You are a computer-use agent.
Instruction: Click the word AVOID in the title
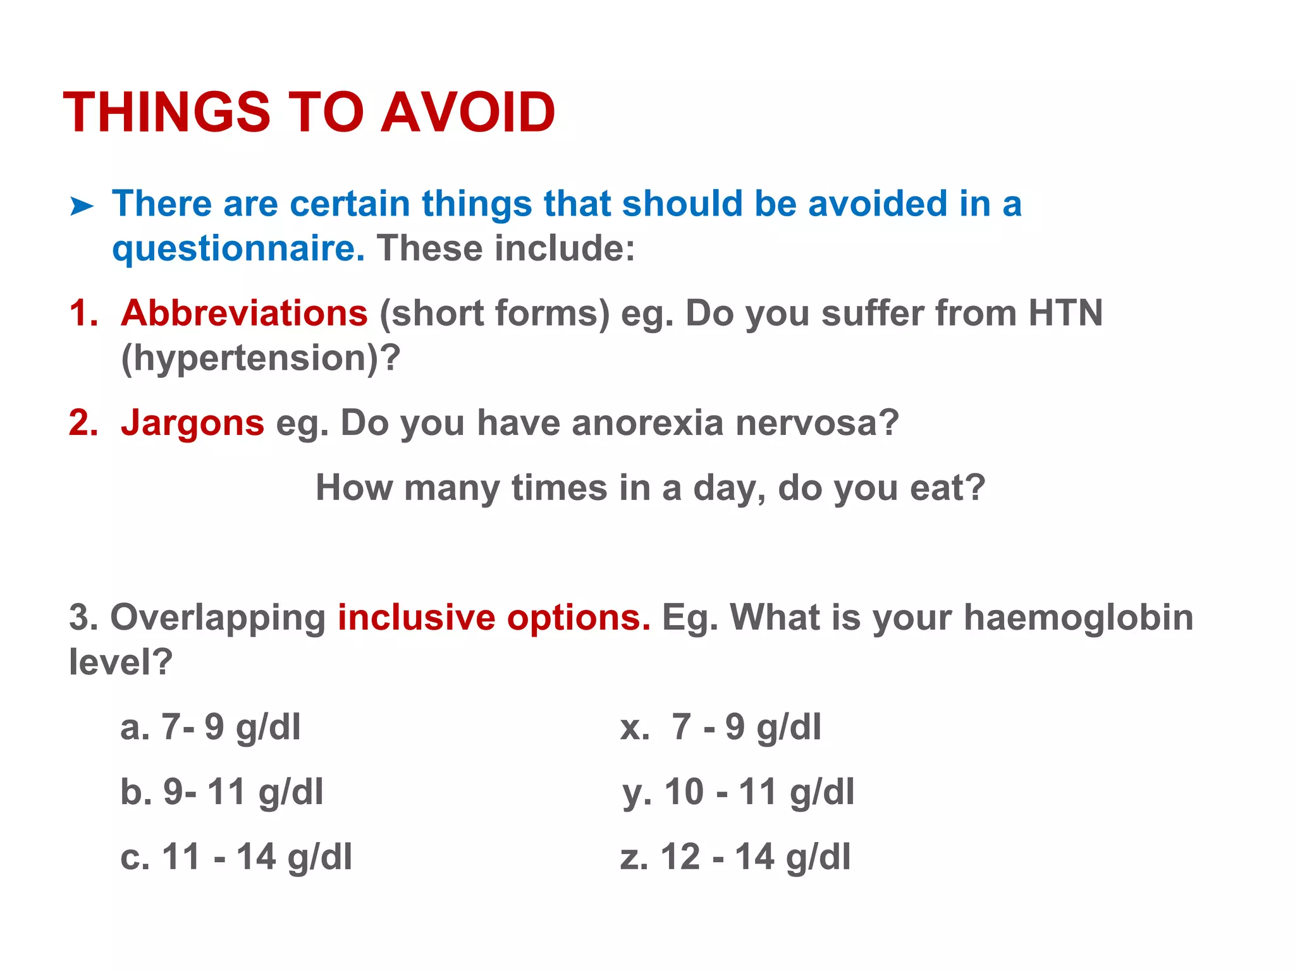coord(468,113)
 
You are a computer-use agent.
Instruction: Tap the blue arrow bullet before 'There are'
coord(82,206)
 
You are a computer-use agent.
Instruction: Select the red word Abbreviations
coord(244,313)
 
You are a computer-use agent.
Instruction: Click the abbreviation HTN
coord(1065,313)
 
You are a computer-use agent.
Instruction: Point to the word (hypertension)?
coord(261,358)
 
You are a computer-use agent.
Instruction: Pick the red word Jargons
coord(192,422)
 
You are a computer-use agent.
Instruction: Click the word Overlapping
coord(218,618)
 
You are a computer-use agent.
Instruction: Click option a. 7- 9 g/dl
coord(211,727)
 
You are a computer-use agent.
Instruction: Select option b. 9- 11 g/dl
coord(222,792)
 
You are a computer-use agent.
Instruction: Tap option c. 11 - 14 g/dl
coord(236,857)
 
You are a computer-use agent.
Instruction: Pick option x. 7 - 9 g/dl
coord(720,727)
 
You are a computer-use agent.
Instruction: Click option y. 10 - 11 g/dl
coord(738,792)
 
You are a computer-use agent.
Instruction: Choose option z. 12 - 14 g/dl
coord(735,857)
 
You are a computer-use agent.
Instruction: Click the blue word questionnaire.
coord(238,248)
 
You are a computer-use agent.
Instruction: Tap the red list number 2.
coord(83,422)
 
